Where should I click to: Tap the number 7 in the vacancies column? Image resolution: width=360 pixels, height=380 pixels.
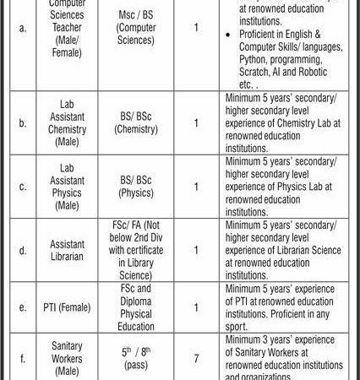tap(196, 358)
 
